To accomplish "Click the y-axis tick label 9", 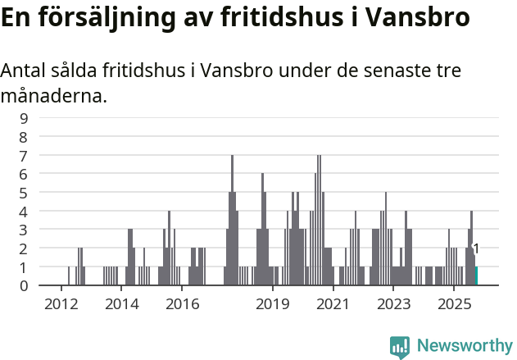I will pyautogui.click(x=24, y=117).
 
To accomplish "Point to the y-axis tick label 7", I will pyautogui.click(x=24, y=155).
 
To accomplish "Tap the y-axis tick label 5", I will pyautogui.click(x=24, y=193).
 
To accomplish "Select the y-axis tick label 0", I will pyautogui.click(x=24, y=285).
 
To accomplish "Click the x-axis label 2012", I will pyautogui.click(x=61, y=304).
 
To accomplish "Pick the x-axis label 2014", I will pyautogui.click(x=122, y=304).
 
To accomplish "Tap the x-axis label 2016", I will pyautogui.click(x=183, y=304).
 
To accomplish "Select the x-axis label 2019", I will pyautogui.click(x=273, y=304).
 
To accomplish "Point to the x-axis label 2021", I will pyautogui.click(x=333, y=304).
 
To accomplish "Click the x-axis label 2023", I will pyautogui.click(x=393, y=304).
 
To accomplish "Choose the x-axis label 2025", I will pyautogui.click(x=453, y=304).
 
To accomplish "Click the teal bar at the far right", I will pyautogui.click(x=476, y=276).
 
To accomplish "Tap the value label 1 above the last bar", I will pyautogui.click(x=476, y=248).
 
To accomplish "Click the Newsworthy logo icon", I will pyautogui.click(x=400, y=347).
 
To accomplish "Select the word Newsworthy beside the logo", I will pyautogui.click(x=465, y=347).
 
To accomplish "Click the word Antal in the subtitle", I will pyautogui.click(x=23, y=71).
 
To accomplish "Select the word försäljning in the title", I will pyautogui.click(x=112, y=18).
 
